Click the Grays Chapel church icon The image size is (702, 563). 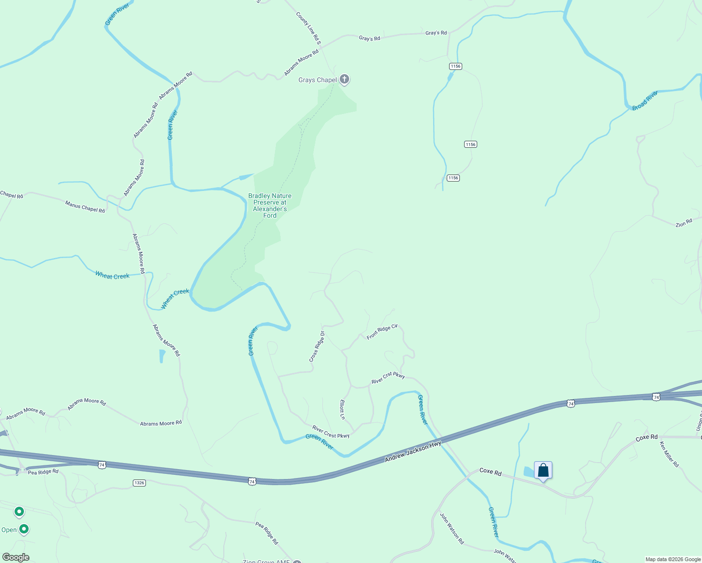(344, 79)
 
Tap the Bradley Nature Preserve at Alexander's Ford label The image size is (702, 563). (270, 205)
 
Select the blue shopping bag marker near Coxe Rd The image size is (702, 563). (543, 470)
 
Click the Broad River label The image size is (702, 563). (645, 101)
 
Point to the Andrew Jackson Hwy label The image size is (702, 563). (413, 451)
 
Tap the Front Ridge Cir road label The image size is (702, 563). (382, 332)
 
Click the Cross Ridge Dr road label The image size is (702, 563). (317, 347)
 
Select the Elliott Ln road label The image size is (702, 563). (342, 410)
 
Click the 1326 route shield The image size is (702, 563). (139, 483)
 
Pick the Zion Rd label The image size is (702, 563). (684, 223)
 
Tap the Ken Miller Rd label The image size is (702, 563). (669, 454)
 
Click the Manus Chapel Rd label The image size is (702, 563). (85, 206)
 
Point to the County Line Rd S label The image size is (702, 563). (308, 29)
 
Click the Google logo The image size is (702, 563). (16, 557)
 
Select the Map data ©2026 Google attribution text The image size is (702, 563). (672, 559)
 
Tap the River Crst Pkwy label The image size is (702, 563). (388, 378)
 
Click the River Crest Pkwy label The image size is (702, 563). (331, 432)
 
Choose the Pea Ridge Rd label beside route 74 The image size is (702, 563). (43, 472)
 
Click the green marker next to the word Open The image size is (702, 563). (23, 529)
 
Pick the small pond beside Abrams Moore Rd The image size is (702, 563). (162, 356)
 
